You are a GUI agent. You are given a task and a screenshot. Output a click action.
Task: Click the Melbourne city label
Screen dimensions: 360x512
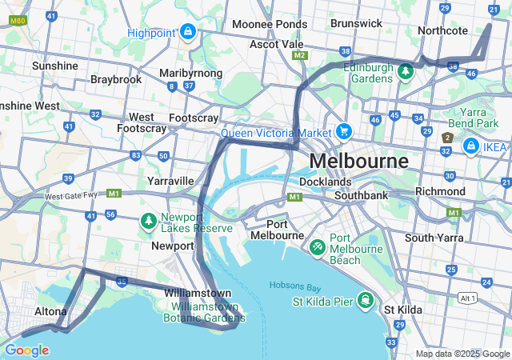(358, 161)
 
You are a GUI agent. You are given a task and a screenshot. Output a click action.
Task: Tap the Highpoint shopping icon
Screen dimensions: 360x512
(187, 32)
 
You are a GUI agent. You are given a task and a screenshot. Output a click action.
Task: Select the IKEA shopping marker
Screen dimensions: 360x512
(471, 146)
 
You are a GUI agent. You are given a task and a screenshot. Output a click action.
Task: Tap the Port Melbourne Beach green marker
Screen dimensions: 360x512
(318, 247)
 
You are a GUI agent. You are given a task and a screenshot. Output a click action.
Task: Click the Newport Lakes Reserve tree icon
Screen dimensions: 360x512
(148, 220)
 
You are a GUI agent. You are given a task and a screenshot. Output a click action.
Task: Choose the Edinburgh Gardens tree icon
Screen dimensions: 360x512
(406, 72)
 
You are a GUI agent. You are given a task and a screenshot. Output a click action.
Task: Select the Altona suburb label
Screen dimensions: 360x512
(50, 311)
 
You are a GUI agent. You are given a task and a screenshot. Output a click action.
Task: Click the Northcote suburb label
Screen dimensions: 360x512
(442, 30)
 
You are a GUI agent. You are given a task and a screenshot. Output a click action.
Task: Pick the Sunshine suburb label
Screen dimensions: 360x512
(55, 66)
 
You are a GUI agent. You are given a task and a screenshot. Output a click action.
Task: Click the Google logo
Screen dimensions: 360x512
(26, 350)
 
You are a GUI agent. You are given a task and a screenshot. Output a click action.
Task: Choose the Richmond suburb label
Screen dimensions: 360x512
(440, 191)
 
